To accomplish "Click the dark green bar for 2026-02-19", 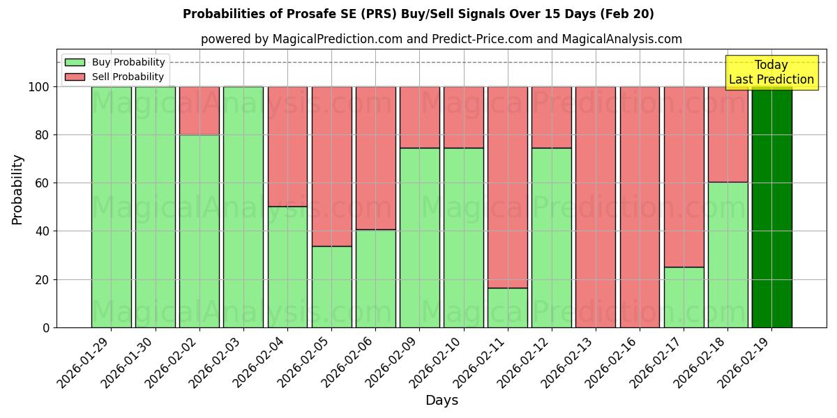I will click(771, 207).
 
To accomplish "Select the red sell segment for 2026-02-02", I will click(199, 111).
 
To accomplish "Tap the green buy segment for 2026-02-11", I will click(508, 307).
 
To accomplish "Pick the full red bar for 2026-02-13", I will click(596, 207).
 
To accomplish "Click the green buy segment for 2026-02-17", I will click(684, 297).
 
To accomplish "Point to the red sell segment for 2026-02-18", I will click(727, 134).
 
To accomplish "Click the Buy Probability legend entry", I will click(114, 62).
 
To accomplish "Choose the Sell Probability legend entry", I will click(114, 77).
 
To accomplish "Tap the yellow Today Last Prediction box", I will click(771, 72).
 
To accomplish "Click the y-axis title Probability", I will click(17, 189).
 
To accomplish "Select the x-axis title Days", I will click(441, 401).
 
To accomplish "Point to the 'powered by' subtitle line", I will click(441, 39).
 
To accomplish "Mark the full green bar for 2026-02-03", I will click(243, 207).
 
